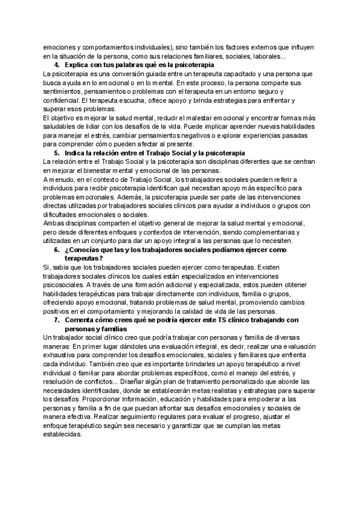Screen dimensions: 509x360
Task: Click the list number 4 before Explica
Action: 56,65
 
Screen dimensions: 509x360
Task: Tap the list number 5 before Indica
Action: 56,154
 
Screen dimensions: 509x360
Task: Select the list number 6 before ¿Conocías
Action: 56,249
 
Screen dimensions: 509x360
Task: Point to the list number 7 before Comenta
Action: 56,321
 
